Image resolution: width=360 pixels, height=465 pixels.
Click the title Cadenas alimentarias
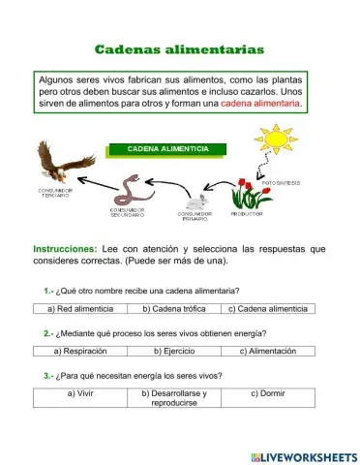[179, 48]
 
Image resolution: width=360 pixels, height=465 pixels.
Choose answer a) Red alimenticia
[81, 308]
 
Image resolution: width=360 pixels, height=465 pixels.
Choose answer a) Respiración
[86, 351]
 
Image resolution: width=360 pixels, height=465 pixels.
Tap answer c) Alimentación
[267, 351]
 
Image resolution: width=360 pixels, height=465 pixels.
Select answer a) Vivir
[81, 394]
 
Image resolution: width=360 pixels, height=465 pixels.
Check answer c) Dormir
[267, 394]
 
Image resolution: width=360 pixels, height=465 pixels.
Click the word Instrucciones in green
[65, 249]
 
